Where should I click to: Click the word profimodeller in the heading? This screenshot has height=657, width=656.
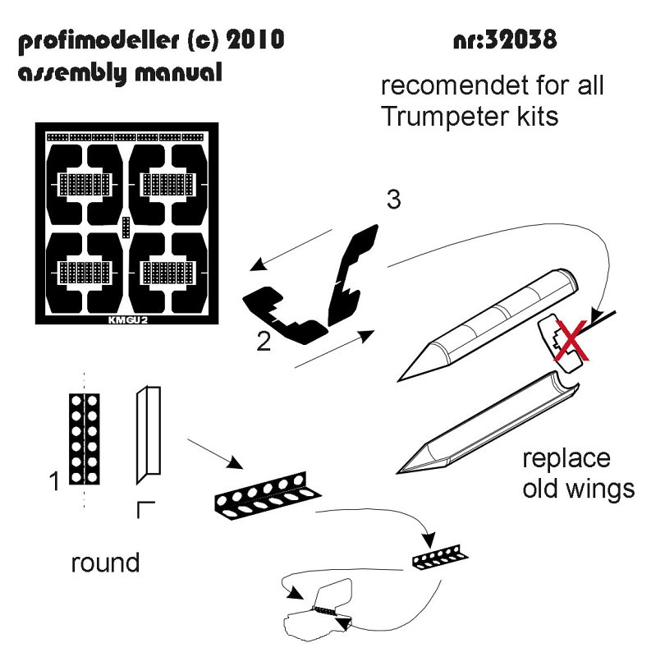tap(99, 41)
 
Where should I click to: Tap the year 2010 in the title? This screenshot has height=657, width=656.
tap(255, 39)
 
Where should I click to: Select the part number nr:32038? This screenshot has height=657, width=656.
tap(505, 39)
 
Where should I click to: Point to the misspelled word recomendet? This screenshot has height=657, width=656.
tap(455, 85)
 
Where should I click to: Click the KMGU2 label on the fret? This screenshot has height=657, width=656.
tap(128, 320)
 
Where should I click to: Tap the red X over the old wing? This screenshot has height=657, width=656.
tap(571, 340)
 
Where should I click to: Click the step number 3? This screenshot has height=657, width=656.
tap(394, 200)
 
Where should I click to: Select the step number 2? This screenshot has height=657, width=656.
tap(264, 341)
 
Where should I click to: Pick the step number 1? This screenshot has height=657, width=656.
tap(54, 481)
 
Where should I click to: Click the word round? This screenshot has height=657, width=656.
tap(105, 563)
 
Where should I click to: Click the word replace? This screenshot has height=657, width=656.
tap(566, 460)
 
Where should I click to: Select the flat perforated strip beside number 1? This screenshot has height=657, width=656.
tap(85, 439)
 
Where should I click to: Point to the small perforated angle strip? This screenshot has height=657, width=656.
tap(440, 558)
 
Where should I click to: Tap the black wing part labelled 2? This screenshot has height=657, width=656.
tap(285, 315)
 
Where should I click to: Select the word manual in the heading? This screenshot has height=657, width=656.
tap(178, 73)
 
